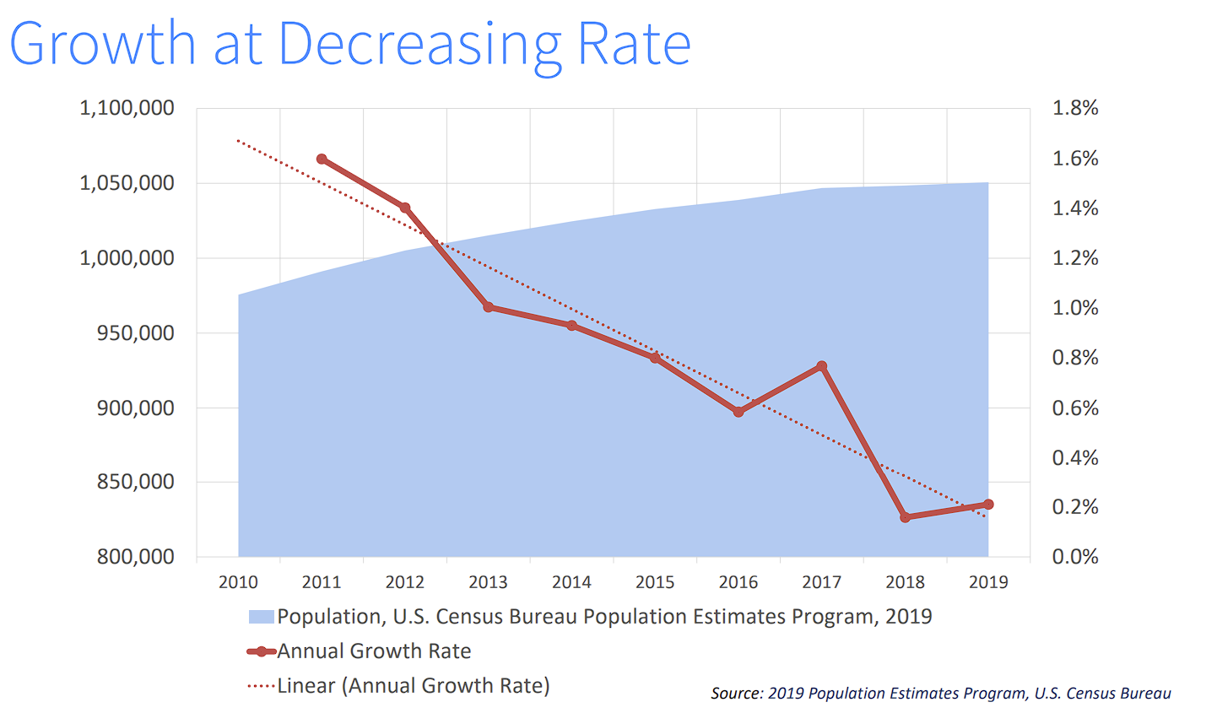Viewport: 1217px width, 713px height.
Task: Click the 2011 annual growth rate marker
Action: pyautogui.click(x=322, y=159)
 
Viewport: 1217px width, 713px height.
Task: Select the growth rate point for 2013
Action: pyautogui.click(x=489, y=307)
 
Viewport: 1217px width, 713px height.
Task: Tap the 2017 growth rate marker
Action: pyautogui.click(x=822, y=366)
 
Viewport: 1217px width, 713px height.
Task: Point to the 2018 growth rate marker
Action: pyautogui.click(x=906, y=517)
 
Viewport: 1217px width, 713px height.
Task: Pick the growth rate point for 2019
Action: pyautogui.click(x=988, y=505)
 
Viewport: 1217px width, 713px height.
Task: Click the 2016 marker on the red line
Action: pyautogui.click(x=738, y=412)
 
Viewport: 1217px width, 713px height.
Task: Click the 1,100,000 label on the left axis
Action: pyautogui.click(x=127, y=108)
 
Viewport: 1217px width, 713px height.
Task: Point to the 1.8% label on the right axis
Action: pyautogui.click(x=1075, y=108)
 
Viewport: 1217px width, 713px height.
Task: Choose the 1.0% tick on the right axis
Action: pyautogui.click(x=1075, y=308)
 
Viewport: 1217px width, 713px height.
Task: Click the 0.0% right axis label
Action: pyautogui.click(x=1075, y=557)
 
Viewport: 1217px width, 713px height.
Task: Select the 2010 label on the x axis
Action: pyautogui.click(x=238, y=582)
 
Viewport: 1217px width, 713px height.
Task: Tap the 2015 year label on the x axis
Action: pyautogui.click(x=655, y=582)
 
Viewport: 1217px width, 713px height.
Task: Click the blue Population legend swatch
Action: pyautogui.click(x=261, y=618)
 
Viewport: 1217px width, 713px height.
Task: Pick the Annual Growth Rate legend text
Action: pyautogui.click(x=374, y=651)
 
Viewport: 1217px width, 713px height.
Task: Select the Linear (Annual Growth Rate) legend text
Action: pyautogui.click(x=414, y=686)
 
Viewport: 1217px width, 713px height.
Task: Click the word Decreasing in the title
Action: pyautogui.click(x=419, y=44)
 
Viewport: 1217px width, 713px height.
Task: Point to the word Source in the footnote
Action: pyautogui.click(x=736, y=694)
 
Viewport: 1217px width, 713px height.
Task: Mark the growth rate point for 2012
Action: pyautogui.click(x=405, y=208)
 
